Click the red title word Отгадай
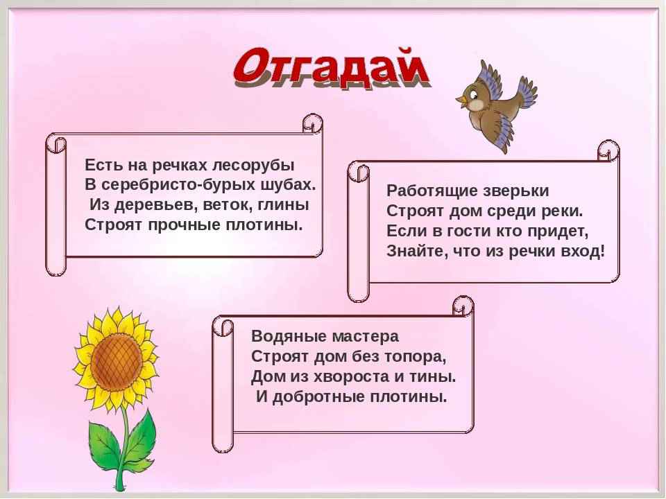coord(332,68)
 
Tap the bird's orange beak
coord(461,100)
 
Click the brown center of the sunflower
coord(117,362)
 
